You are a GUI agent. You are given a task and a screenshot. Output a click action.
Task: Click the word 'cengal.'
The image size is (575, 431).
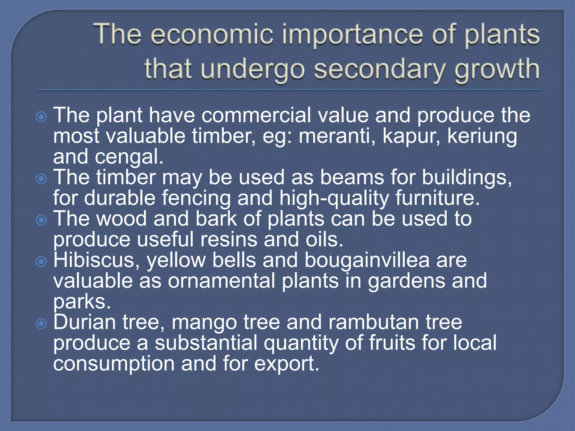coord(129,157)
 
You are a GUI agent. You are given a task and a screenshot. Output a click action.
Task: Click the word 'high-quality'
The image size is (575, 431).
coord(334,199)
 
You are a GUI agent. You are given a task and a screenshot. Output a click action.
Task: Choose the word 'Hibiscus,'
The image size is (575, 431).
coord(96,260)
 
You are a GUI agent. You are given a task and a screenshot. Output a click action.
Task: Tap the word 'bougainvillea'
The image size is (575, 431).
coord(367,260)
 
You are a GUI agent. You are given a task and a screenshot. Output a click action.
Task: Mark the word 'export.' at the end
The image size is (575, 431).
coord(287,364)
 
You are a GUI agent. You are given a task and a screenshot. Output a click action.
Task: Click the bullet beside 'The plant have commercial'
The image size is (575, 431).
coord(42,116)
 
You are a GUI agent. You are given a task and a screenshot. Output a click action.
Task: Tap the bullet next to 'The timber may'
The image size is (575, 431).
coord(42,179)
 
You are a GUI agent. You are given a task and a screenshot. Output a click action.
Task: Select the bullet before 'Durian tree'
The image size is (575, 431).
coord(42,324)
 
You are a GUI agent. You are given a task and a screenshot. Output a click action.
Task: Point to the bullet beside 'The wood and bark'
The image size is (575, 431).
coord(42,220)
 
